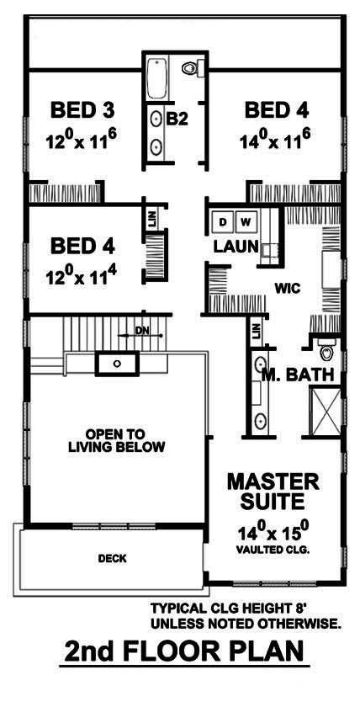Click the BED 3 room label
tap(82, 109)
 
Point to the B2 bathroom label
tap(176, 120)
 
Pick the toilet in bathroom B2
tap(190, 68)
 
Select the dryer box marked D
tap(224, 221)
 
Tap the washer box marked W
tap(246, 221)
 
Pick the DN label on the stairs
tap(141, 331)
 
